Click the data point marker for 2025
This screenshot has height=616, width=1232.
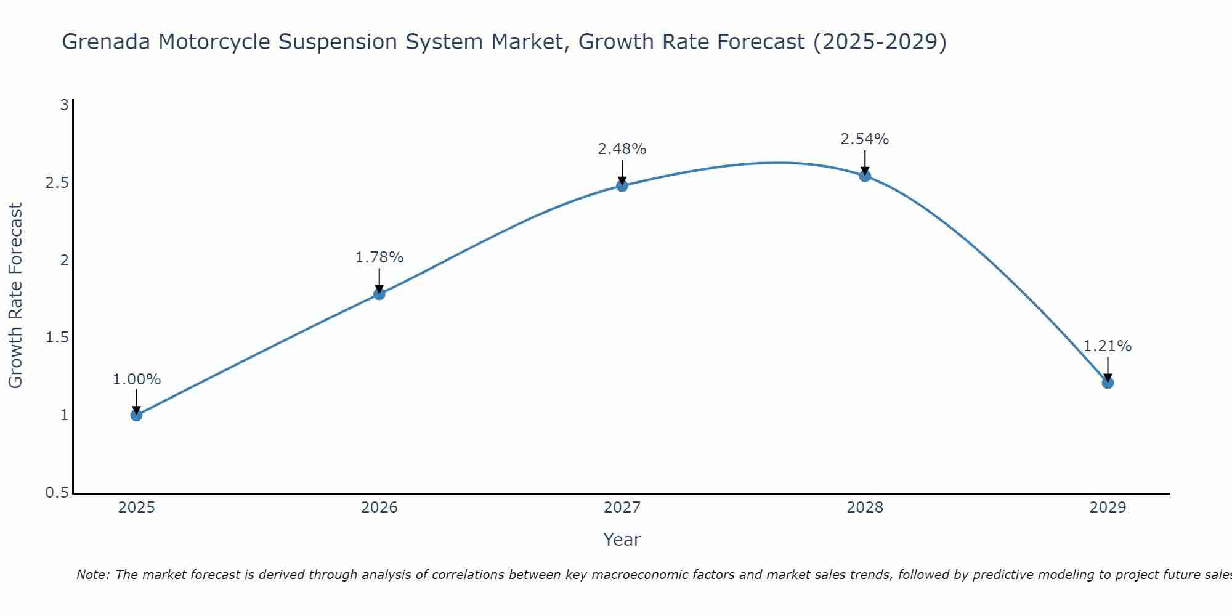click(137, 415)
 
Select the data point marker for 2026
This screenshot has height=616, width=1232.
click(379, 294)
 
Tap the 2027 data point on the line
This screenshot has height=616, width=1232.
click(622, 185)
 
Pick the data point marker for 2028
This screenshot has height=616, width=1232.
click(865, 176)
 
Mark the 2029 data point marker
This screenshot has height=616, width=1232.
click(1108, 383)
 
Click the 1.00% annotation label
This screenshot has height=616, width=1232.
click(137, 379)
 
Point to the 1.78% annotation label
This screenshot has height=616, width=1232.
click(379, 257)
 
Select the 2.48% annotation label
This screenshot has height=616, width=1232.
click(622, 149)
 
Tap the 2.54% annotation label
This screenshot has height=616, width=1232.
click(865, 139)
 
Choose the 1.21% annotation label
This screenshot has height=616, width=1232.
click(1108, 346)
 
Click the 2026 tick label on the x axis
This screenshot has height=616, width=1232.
click(379, 508)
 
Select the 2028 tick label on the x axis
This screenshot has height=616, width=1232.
click(865, 508)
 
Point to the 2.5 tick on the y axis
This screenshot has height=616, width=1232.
click(56, 183)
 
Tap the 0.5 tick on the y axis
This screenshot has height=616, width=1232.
click(56, 493)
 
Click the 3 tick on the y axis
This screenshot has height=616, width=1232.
click(64, 105)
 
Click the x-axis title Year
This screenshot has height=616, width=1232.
click(622, 540)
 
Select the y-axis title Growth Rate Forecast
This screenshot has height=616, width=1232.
click(16, 296)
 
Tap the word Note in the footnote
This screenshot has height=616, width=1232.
click(92, 575)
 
